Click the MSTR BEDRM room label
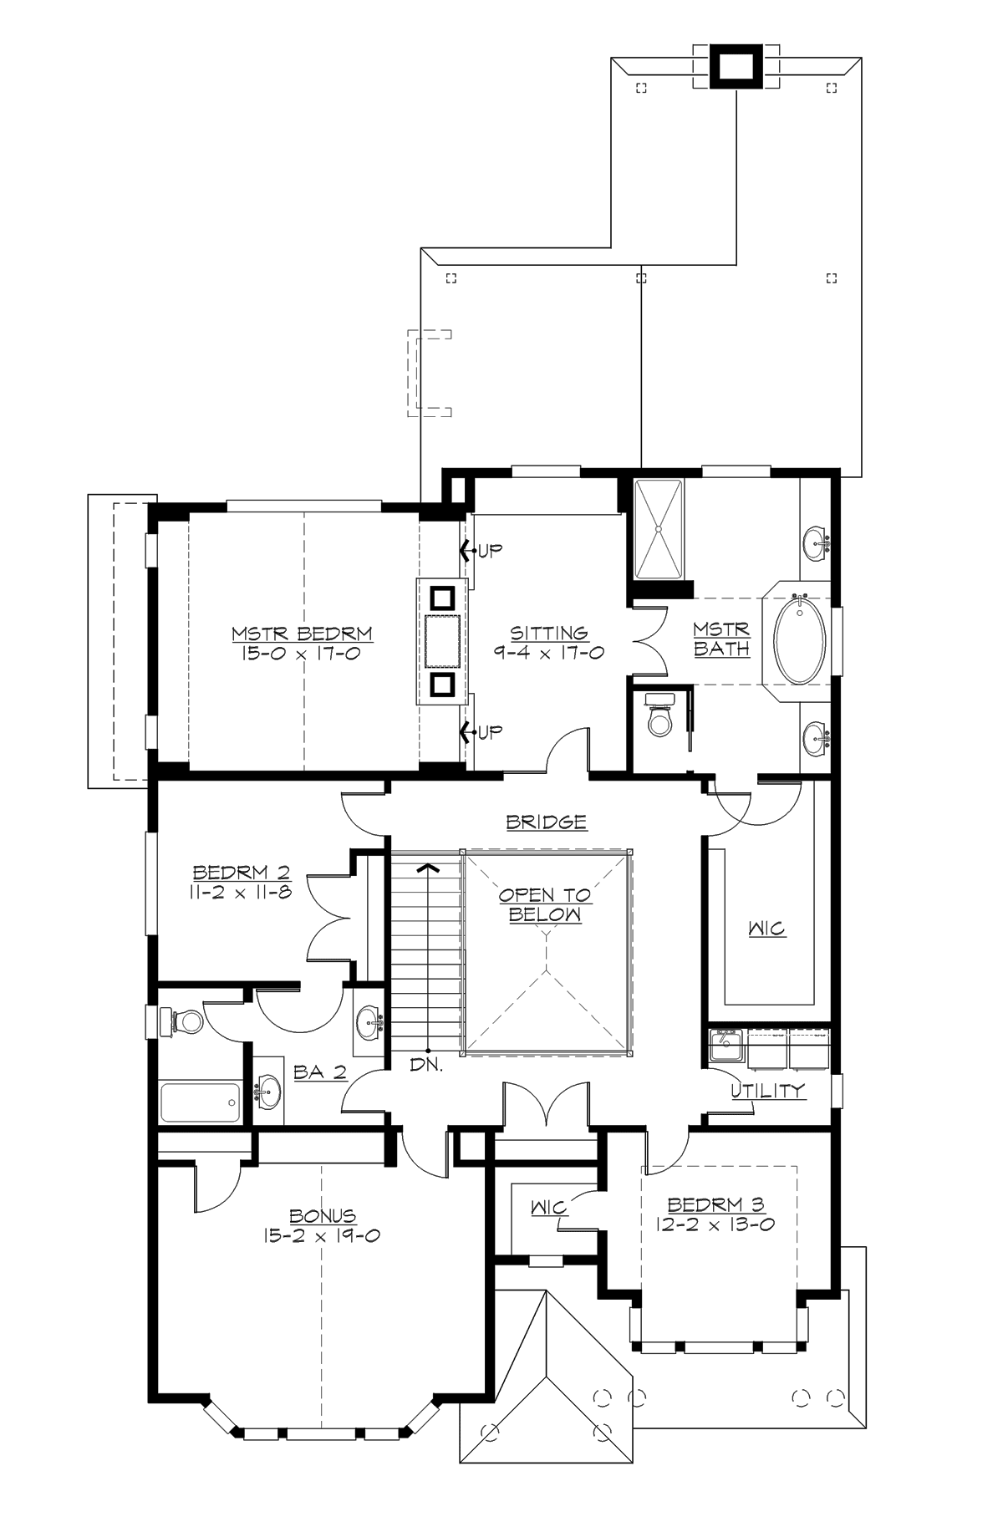tap(302, 634)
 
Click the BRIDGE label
tap(547, 822)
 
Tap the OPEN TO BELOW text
tap(545, 904)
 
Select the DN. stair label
tap(426, 1066)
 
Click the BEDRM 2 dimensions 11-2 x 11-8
tap(242, 892)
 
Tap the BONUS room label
tap(323, 1216)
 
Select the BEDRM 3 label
tap(716, 1204)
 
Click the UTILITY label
tap(767, 1090)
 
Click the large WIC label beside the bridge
tap(766, 929)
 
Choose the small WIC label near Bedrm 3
tap(549, 1208)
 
